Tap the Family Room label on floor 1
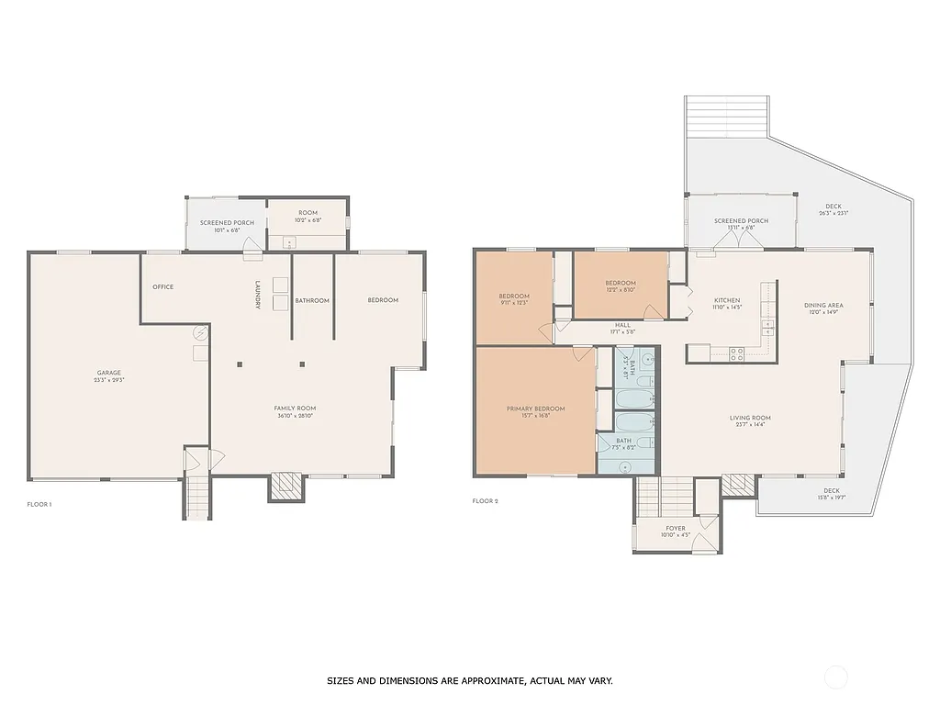295,411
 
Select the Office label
163,287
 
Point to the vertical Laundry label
258,295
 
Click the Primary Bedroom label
536,412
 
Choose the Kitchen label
727,304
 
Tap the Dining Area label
823,308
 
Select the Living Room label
750,421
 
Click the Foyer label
675,532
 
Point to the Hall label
623,328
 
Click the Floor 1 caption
39,504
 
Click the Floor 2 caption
485,501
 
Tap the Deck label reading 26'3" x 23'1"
833,209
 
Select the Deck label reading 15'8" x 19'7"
831,494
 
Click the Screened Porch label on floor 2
741,225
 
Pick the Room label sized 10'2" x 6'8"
308,217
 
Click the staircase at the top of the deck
725,116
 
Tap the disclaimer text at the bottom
469,681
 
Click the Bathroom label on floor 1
312,301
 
